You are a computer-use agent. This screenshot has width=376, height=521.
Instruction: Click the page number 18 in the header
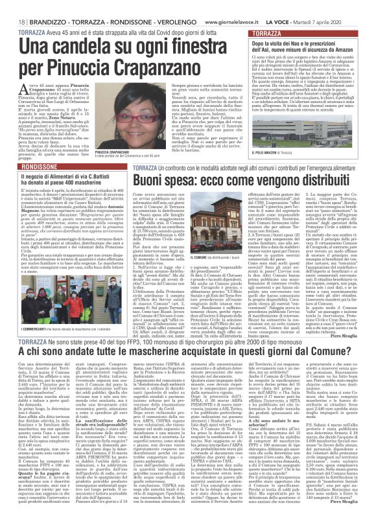[x=14, y=6]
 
